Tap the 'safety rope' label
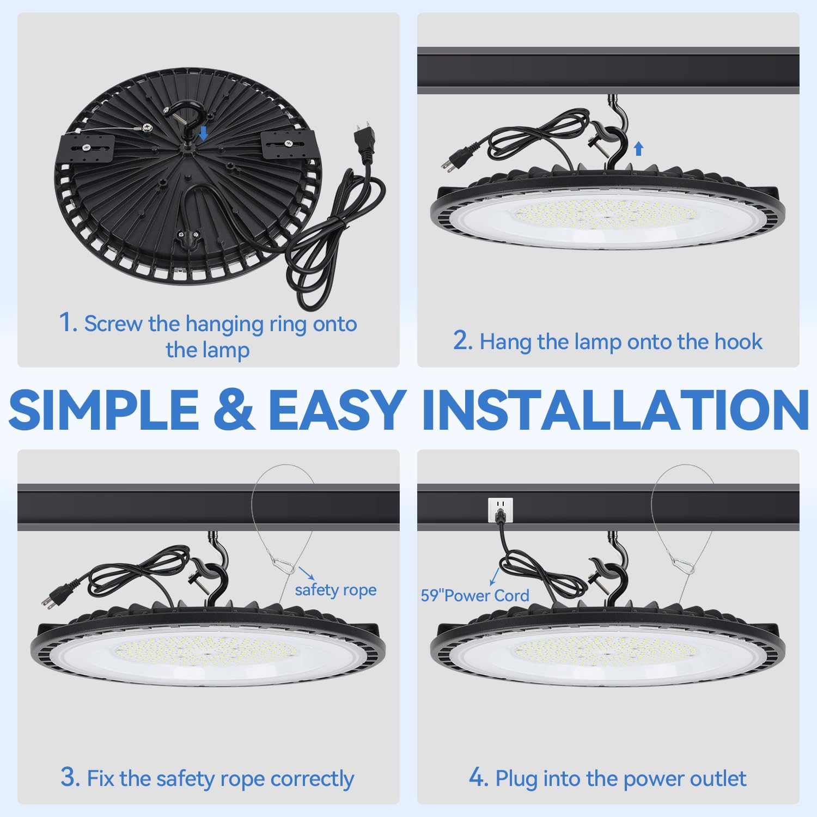[x=336, y=590]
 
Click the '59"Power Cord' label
[x=474, y=595]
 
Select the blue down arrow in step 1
[x=203, y=133]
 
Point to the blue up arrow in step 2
[x=639, y=148]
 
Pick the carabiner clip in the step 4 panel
[x=682, y=564]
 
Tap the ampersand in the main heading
[x=234, y=409]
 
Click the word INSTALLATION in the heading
[x=615, y=409]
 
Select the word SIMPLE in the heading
[x=104, y=409]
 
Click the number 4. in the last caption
[x=478, y=777]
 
